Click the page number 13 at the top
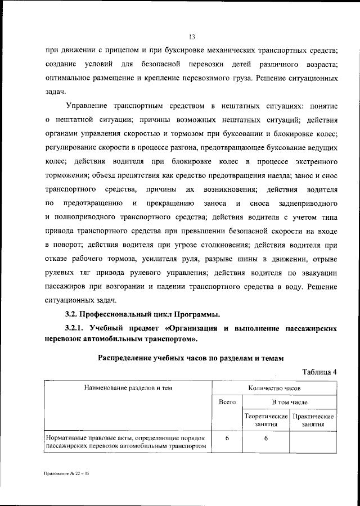[191, 38]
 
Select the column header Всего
[227, 403]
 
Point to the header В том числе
[289, 403]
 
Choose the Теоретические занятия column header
[265, 421]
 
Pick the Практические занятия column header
[313, 421]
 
